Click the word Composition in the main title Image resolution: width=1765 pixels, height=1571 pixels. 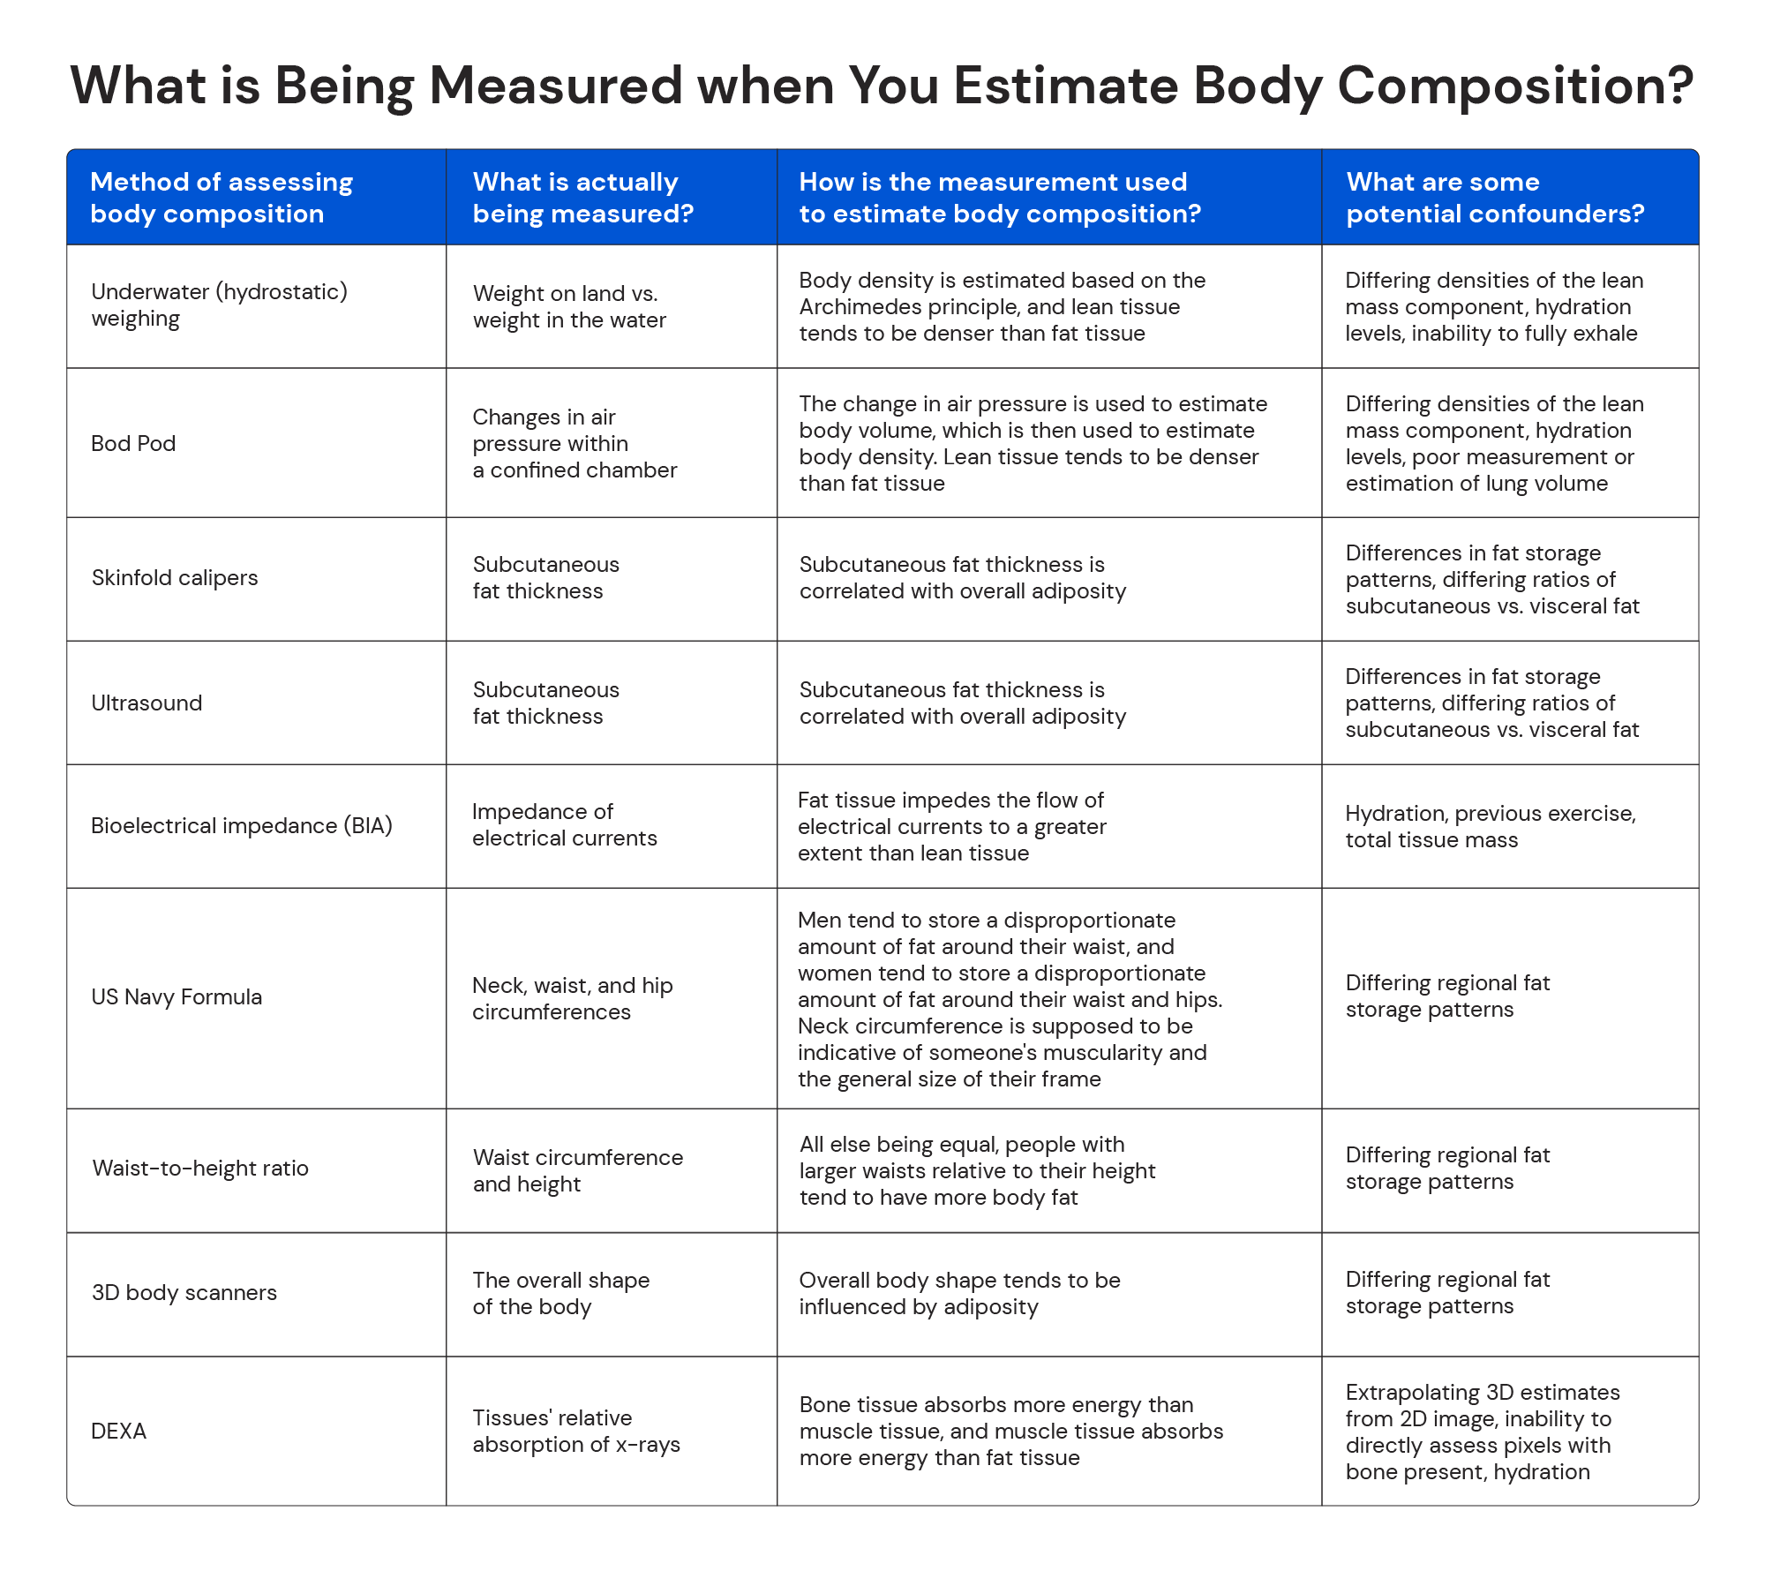coord(1515,86)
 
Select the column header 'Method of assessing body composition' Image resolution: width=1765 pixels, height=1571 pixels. coord(221,198)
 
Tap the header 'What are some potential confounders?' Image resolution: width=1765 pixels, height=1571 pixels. coord(1494,198)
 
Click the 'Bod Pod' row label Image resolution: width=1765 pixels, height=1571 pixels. coord(133,443)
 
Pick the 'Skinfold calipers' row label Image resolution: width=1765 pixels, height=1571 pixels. coord(175,578)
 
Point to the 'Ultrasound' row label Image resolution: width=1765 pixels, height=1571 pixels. coord(146,703)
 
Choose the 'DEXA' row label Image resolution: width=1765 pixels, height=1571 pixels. coord(118,1431)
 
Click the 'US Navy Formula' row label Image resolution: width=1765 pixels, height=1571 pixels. coord(176,997)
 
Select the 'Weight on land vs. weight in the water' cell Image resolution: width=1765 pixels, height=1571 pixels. coord(569,307)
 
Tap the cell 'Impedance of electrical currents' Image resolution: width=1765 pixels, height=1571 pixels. coord(564,825)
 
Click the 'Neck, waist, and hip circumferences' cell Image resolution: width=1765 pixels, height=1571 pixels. coord(572,998)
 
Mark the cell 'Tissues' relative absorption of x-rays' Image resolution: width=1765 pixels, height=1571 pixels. coord(575,1431)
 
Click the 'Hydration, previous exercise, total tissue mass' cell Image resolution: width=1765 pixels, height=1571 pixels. coord(1490,826)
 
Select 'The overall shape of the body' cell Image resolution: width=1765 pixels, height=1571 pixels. coord(560,1293)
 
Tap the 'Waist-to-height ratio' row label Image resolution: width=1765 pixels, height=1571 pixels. coord(200,1169)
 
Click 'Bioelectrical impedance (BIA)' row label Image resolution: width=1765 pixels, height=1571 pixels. coord(241,826)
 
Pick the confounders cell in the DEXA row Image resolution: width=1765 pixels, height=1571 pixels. coord(1482,1432)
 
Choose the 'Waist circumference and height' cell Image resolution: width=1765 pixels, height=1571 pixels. coord(577,1170)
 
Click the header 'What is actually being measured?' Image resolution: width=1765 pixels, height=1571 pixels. coord(582,198)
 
